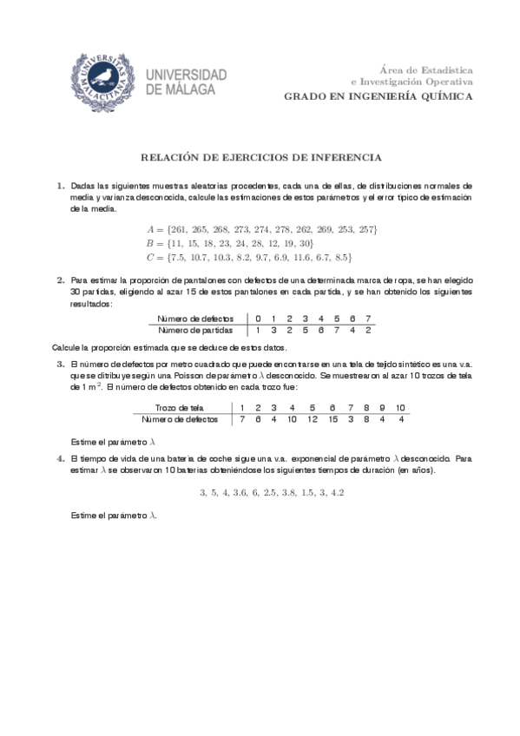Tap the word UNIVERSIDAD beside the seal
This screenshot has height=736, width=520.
point(188,75)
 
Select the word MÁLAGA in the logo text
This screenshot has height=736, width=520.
point(197,89)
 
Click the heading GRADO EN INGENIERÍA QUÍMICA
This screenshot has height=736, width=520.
point(378,96)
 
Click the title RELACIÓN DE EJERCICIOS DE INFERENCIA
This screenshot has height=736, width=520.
point(260,158)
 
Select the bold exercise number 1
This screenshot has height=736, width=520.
point(61,186)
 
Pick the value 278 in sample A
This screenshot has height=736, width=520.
point(281,228)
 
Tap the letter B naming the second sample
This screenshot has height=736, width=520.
point(150,243)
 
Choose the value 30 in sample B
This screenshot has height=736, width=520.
point(303,243)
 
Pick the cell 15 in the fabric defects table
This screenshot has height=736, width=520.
point(332,419)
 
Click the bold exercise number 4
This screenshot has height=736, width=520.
point(61,457)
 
